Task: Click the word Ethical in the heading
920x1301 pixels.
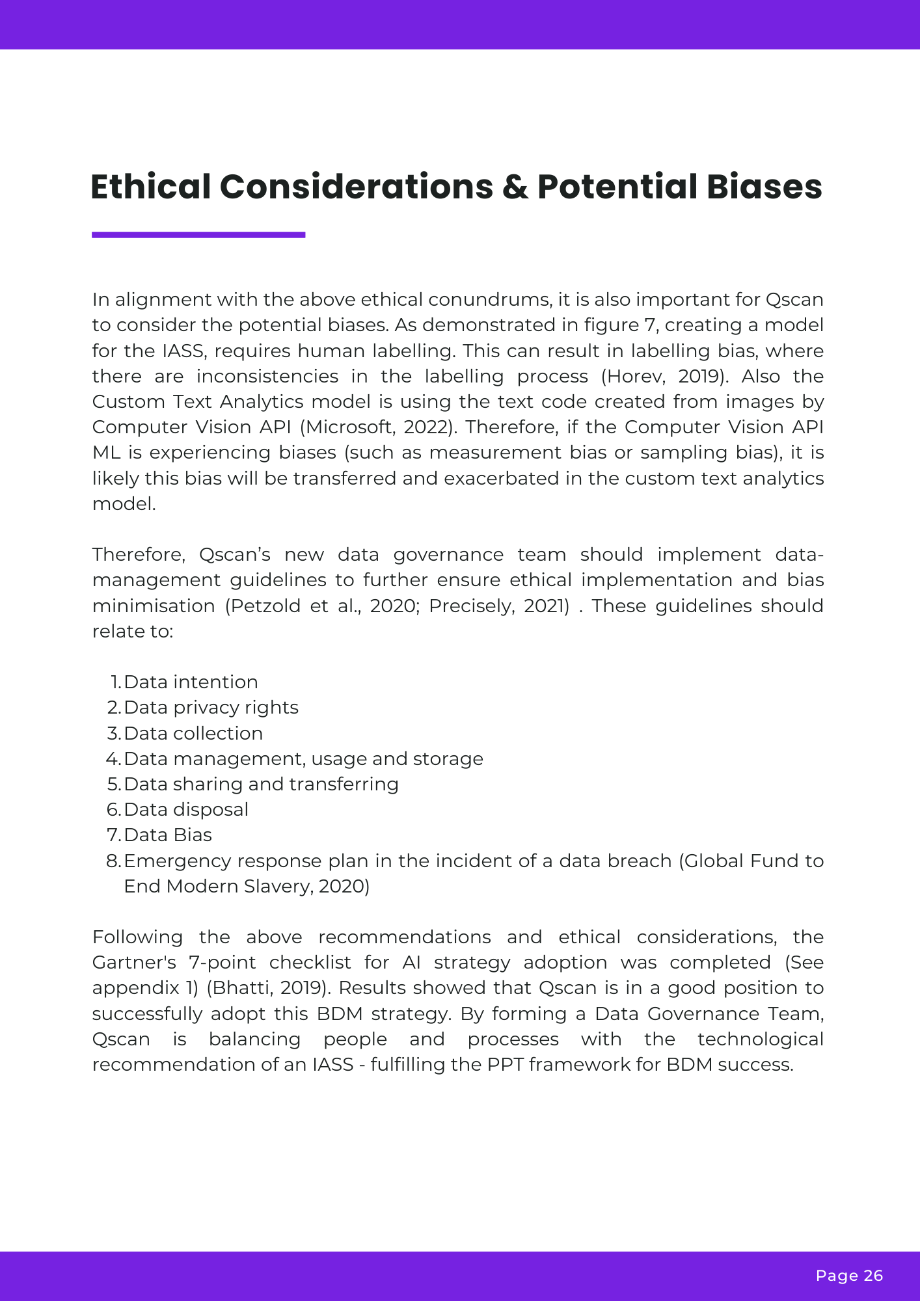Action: tap(150, 187)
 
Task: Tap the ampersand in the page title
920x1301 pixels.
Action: tap(515, 187)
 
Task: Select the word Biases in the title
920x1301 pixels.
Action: tap(764, 187)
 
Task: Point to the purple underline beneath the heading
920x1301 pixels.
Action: tap(198, 235)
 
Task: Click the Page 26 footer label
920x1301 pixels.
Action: tap(849, 1276)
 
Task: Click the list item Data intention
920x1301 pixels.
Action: tap(191, 682)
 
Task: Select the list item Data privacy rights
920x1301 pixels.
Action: tap(211, 708)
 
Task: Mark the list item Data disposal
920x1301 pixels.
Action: tap(186, 810)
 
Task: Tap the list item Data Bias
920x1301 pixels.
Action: tap(168, 835)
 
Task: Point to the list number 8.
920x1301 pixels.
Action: tap(113, 861)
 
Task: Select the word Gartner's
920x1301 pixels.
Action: tap(133, 963)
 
